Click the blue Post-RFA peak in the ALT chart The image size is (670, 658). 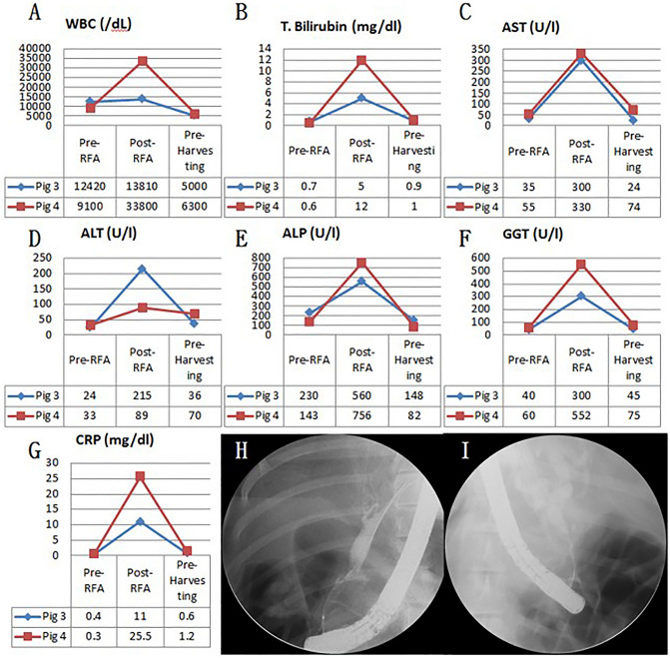click(x=141, y=269)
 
